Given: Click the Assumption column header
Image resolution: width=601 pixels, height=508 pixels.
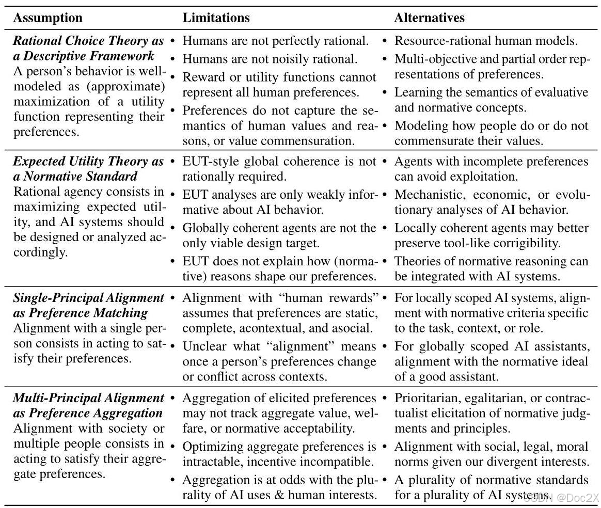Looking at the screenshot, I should pos(48,18).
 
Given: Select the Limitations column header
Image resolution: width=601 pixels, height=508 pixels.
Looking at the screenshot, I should pos(216,18).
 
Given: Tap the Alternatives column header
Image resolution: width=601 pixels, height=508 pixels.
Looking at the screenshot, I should pos(429,18).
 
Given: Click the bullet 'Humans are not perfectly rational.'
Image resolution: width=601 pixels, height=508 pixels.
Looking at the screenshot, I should pos(276,41).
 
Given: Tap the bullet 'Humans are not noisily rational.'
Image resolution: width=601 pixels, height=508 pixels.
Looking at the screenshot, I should pos(270,59).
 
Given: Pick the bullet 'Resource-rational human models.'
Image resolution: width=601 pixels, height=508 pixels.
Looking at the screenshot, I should pos(486,41).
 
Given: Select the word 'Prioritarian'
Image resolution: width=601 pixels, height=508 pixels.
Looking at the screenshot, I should pos(428,398).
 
